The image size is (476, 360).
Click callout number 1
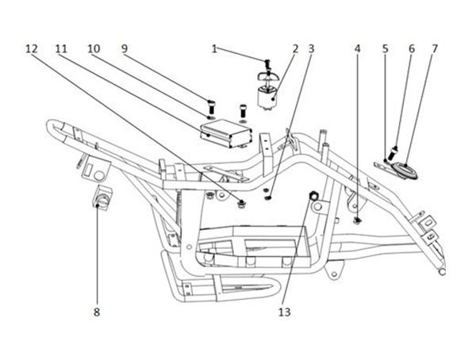click(x=214, y=49)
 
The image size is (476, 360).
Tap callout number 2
click(x=295, y=49)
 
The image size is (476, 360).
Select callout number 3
click(x=311, y=49)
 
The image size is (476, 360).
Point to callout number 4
click(x=357, y=49)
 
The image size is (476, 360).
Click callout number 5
click(x=386, y=49)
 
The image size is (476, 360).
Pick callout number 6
click(x=412, y=49)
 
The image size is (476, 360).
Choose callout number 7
click(x=435, y=49)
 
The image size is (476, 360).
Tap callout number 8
click(x=97, y=312)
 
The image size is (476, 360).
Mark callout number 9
click(x=125, y=49)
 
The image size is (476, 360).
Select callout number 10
click(x=94, y=49)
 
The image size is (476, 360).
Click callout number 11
click(x=61, y=49)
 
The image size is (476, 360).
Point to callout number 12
click(x=32, y=49)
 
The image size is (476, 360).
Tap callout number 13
click(x=285, y=312)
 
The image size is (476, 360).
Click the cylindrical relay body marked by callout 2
click(x=268, y=98)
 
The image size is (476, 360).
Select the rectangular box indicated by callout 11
click(x=226, y=133)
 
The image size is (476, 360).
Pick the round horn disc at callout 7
click(x=405, y=170)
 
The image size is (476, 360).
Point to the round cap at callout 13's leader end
click(x=313, y=196)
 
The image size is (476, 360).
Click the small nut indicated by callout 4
click(x=358, y=220)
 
